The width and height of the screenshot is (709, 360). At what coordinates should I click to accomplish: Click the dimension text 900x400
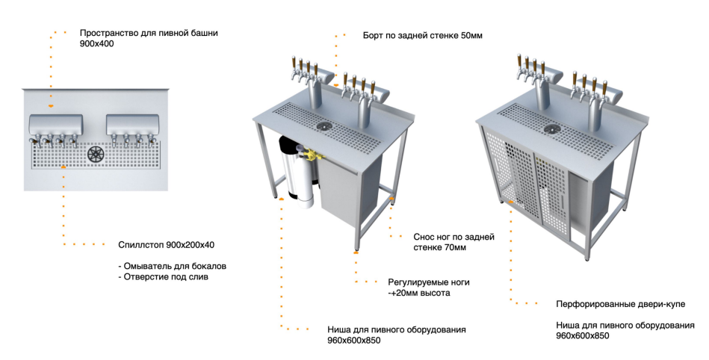tap(97, 44)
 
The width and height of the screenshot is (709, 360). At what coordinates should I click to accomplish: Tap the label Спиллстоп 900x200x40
tap(167, 245)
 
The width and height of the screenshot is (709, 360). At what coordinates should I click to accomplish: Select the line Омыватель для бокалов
tap(173, 266)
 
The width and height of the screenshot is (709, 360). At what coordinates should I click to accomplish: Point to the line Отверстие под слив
tap(163, 277)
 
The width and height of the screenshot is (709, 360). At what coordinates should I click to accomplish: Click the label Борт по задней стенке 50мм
tap(423, 35)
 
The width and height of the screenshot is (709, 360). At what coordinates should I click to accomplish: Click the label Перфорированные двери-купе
tap(620, 304)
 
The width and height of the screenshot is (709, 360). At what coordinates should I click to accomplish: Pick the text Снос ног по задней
tap(454, 237)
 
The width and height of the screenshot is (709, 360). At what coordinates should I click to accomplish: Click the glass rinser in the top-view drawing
tap(96, 154)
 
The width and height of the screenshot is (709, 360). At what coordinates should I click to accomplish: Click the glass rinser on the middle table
tap(326, 126)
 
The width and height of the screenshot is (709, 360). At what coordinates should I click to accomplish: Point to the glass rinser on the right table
tap(553, 129)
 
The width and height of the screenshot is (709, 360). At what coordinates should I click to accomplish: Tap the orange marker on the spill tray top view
tap(64, 167)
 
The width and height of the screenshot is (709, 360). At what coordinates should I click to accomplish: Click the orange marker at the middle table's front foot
tap(356, 252)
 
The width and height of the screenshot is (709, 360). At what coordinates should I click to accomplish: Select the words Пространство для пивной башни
tap(149, 33)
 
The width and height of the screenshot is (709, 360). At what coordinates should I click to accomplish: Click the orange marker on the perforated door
tap(510, 201)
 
